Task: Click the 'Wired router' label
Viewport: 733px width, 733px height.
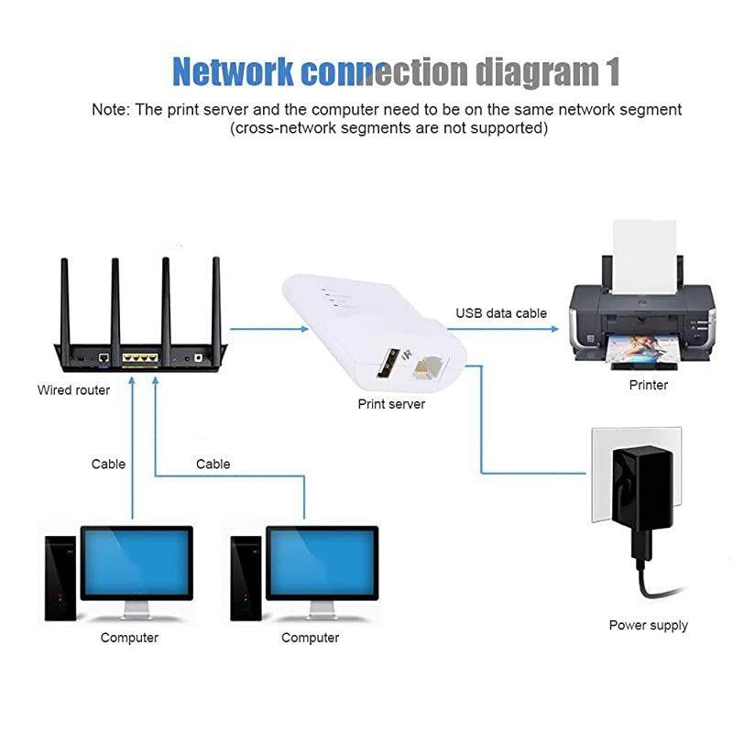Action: click(x=73, y=390)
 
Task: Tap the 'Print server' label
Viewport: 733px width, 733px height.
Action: click(x=391, y=404)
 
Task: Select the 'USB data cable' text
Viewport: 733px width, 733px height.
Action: click(x=501, y=313)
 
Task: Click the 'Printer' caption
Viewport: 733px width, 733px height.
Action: click(x=648, y=385)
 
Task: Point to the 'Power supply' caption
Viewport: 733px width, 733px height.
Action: click(x=648, y=625)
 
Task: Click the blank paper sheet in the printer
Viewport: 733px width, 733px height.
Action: click(x=641, y=252)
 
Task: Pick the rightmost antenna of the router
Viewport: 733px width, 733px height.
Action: click(x=217, y=298)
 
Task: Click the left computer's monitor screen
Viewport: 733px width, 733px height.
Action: click(x=137, y=562)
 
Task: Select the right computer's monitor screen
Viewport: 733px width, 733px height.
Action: click(x=322, y=562)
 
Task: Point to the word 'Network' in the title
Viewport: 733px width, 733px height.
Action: click(x=234, y=71)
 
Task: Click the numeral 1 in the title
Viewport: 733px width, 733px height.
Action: click(x=611, y=71)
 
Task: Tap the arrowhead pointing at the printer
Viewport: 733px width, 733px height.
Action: click(x=555, y=327)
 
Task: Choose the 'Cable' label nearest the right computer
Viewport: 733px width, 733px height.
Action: click(x=213, y=464)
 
